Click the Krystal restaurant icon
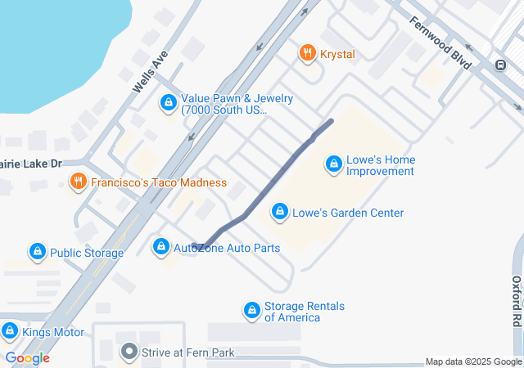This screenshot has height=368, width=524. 308,54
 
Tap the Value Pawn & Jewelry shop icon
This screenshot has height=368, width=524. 169,103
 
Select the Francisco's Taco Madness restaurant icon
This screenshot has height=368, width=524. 79,182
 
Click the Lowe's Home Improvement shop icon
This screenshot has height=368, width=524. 333,164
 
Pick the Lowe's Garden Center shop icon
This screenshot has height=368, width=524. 280,213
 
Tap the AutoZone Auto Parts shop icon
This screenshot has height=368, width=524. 161,247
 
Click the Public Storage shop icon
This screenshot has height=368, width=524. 37,252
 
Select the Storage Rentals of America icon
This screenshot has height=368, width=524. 252,311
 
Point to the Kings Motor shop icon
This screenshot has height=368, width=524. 10,332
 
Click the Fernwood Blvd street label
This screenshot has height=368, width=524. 441,43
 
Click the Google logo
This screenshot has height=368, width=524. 27,358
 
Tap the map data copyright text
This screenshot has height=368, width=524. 473,361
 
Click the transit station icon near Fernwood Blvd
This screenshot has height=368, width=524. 500,65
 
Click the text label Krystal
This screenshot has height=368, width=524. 337,54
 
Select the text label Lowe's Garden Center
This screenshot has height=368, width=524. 348,213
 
